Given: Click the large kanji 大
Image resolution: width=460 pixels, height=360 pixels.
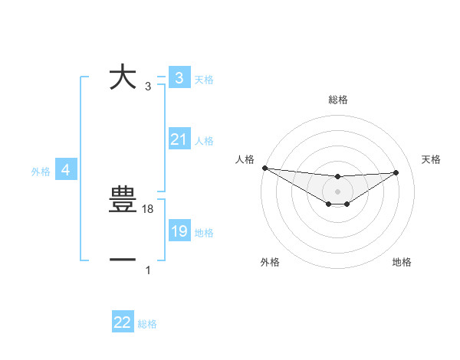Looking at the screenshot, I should click(123, 77).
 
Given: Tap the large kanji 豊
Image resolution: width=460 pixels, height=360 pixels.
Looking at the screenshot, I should click(123, 201).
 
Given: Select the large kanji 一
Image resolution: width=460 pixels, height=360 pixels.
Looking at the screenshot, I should click(123, 260).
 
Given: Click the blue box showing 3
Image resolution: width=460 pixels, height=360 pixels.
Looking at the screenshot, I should click(179, 78).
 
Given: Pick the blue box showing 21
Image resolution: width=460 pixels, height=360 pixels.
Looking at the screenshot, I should click(179, 140).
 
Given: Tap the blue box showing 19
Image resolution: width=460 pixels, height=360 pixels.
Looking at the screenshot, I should click(179, 231).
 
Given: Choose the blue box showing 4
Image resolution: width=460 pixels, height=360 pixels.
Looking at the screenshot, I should click(66, 170).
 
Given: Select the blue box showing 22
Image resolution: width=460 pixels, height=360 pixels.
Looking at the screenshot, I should click(123, 322).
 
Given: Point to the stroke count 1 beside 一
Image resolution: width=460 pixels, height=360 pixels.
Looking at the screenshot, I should click(148, 270).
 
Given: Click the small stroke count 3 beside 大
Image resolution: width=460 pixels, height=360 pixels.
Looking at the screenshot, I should click(148, 87).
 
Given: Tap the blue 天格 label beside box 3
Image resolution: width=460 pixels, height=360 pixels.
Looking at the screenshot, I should click(204, 80).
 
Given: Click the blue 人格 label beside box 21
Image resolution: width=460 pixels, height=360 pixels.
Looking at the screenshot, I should click(204, 141).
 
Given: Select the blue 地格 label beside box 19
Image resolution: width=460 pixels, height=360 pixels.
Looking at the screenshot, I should click(204, 233).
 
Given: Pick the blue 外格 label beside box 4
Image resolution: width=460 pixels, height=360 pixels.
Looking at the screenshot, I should click(41, 172).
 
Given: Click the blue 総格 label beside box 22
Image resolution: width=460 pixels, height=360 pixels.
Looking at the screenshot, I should click(147, 324).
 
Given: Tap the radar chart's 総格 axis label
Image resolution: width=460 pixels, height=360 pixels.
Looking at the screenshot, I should click(338, 100).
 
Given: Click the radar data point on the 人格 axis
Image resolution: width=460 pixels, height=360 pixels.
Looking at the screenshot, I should click(264, 168).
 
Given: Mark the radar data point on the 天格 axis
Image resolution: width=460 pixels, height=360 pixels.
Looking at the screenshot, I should click(396, 172).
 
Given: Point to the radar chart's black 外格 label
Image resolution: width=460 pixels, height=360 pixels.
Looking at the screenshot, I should click(270, 263).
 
